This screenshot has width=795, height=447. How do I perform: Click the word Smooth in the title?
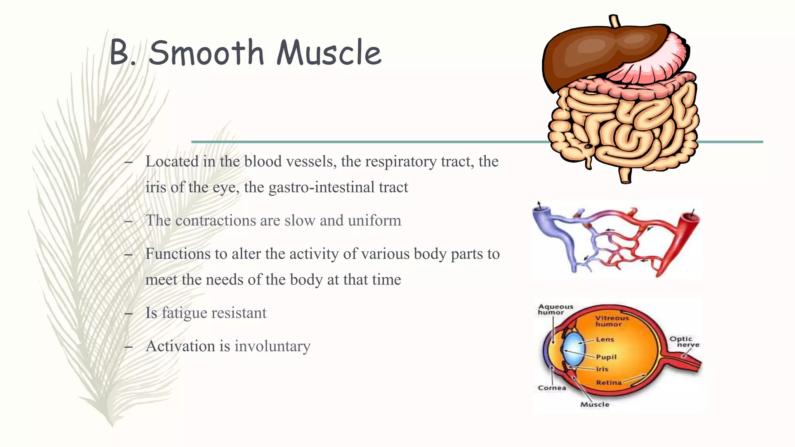pos(206,53)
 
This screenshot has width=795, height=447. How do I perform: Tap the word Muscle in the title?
pos(329,53)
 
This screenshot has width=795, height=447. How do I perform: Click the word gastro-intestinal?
pos(322,187)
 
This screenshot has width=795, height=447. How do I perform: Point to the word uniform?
pos(374,220)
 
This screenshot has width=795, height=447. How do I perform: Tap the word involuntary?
pos(272,346)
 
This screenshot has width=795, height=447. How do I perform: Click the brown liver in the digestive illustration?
pos(598,50)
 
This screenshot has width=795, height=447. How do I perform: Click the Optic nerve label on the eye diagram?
pos(684,341)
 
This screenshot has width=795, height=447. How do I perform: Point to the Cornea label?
pos(552,388)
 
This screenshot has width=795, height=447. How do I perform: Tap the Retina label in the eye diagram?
pos(609,383)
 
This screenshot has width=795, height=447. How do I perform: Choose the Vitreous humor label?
pos(612,321)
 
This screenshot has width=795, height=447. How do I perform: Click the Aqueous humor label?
pos(555,309)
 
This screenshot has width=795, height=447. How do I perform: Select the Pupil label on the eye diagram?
pos(606,357)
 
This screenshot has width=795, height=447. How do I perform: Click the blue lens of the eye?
pos(573,347)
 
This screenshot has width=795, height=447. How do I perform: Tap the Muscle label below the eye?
pos(594,404)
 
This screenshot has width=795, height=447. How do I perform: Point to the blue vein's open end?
pos(541,211)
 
